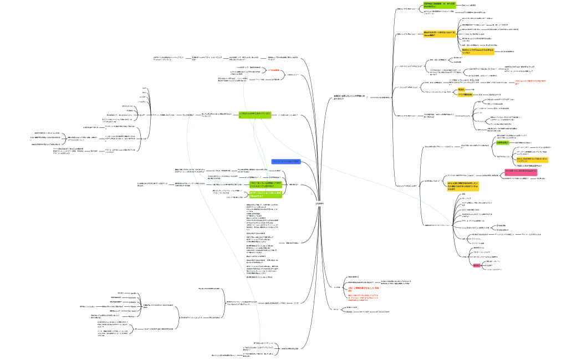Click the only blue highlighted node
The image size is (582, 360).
(x=285, y=161)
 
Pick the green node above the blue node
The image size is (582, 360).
(x=254, y=114)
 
